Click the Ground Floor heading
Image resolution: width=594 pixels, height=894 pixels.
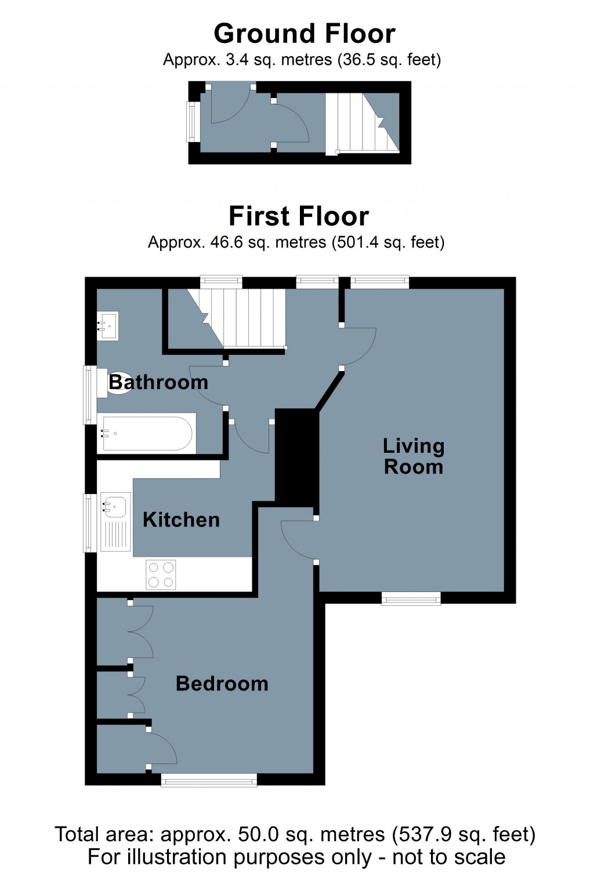[305, 34]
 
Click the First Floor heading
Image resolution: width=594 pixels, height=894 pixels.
[299, 216]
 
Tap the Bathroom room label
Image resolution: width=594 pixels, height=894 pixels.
[158, 382]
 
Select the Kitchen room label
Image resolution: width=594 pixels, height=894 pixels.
[181, 519]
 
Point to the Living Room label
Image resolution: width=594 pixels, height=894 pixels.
[414, 456]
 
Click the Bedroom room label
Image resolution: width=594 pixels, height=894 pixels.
[222, 684]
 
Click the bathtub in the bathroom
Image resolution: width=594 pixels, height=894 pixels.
[146, 433]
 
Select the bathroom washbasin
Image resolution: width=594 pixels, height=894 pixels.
[108, 326]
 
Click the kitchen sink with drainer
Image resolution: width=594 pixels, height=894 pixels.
[115, 522]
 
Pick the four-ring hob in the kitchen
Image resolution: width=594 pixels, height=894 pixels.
[161, 575]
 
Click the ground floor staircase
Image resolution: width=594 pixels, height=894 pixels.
[361, 122]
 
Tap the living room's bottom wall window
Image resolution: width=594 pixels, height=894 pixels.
[411, 598]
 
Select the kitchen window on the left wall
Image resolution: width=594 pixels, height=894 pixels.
[89, 522]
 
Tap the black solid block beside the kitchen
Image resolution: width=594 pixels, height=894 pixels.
[296, 455]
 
